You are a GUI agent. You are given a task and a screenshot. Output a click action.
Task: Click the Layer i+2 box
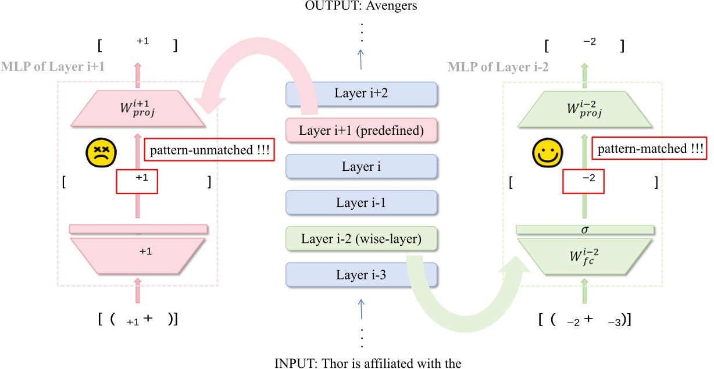pyautogui.click(x=361, y=94)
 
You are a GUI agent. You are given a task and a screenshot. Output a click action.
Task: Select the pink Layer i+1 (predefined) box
pyautogui.click(x=361, y=131)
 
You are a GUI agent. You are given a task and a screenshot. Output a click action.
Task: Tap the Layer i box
pyautogui.click(x=361, y=167)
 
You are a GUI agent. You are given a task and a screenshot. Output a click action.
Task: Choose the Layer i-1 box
pyautogui.click(x=361, y=203)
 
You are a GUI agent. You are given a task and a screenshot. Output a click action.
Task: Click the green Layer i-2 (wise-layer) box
pyautogui.click(x=361, y=238)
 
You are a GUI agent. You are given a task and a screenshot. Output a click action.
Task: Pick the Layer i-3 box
pyautogui.click(x=361, y=274)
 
